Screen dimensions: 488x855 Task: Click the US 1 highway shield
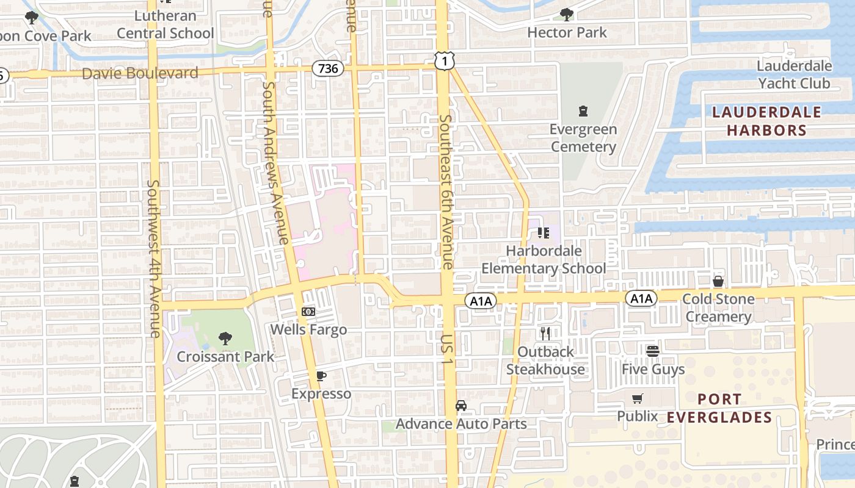(445, 60)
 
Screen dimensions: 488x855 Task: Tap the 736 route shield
(328, 68)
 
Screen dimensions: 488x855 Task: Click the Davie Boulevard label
(140, 74)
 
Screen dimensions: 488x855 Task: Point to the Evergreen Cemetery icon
(583, 111)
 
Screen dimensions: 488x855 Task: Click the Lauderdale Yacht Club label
(794, 74)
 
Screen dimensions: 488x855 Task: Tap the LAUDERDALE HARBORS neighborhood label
(766, 121)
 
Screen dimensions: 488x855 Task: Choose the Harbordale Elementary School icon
(544, 232)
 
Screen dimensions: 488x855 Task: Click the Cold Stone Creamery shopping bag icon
(718, 281)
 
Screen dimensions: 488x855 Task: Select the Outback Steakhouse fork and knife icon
(545, 333)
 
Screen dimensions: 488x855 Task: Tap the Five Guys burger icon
(653, 351)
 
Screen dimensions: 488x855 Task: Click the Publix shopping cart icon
(638, 398)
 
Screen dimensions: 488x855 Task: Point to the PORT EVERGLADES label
(719, 408)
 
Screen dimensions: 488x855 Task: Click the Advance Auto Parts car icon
(461, 406)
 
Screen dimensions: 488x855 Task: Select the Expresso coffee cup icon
(321, 376)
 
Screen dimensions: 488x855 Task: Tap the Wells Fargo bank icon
(308, 311)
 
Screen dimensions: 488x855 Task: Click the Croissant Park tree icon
(225, 338)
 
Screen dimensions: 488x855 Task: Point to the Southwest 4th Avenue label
(153, 259)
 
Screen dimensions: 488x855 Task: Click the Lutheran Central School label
(165, 24)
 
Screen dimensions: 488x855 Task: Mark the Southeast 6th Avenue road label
(446, 192)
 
